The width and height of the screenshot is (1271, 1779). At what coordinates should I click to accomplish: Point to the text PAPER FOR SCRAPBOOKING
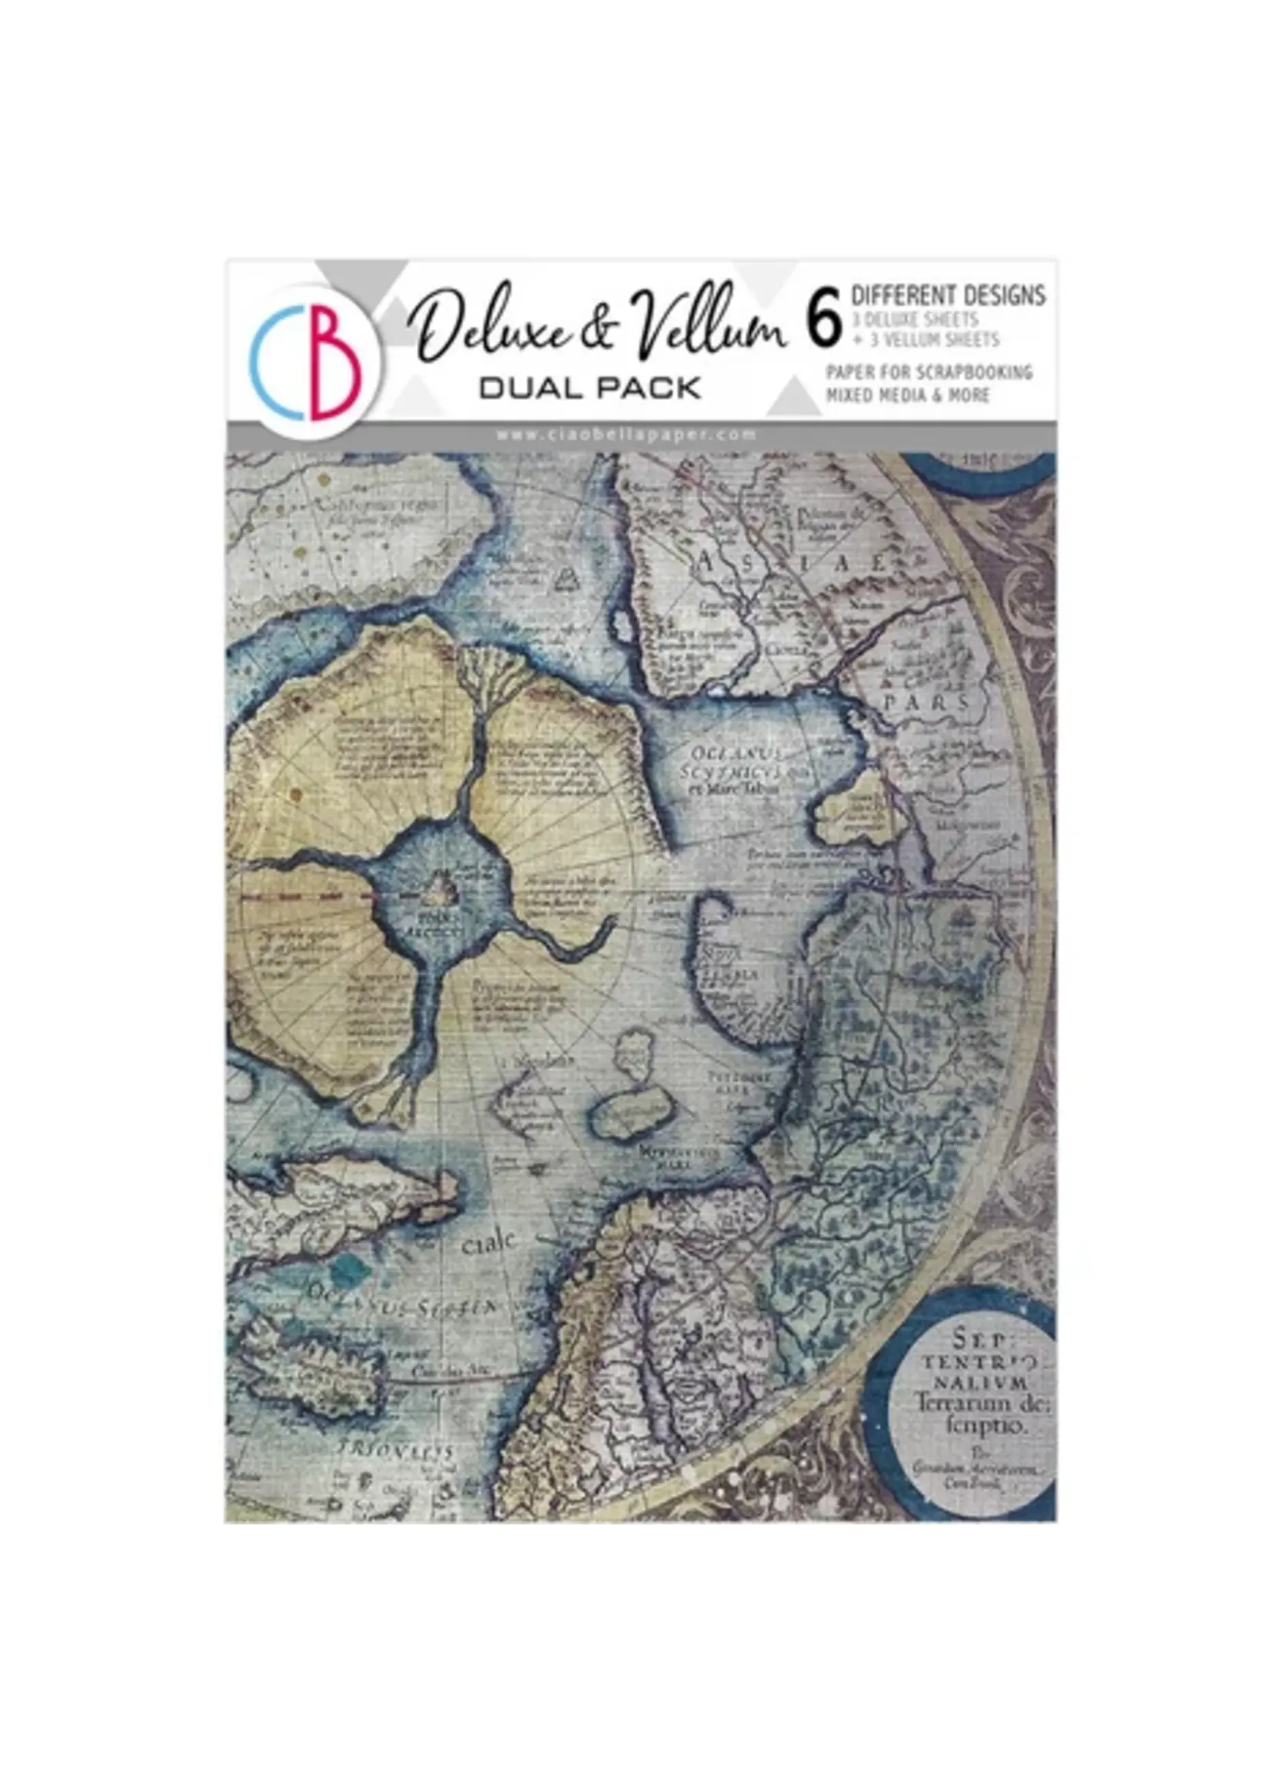[929, 372]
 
